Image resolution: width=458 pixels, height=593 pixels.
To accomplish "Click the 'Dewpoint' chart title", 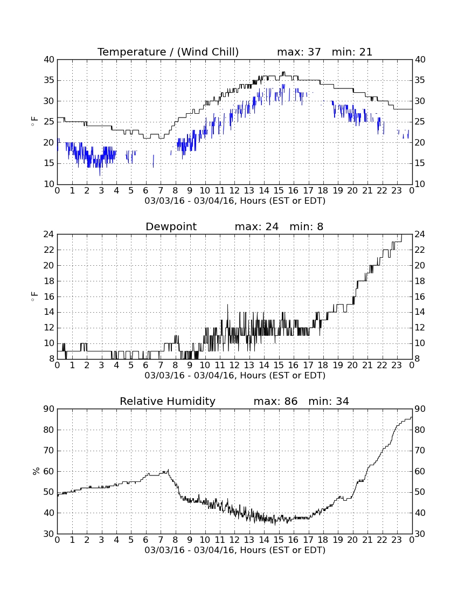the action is pos(171,226).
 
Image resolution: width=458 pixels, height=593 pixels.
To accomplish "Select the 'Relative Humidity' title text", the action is pos(168,401).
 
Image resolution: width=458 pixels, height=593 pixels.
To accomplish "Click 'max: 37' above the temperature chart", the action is pos(299,52).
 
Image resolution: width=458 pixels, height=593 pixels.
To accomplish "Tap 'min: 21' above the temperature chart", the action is pos(352,52).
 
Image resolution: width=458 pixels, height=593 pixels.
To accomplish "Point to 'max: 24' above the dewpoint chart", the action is pos(256,226).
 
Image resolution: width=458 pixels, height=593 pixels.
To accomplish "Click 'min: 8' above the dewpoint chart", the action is pos(307,226).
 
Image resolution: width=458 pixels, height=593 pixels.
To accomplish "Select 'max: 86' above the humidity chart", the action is pos(275,401).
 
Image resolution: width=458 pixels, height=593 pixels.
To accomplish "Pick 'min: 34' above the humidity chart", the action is pos(328,401).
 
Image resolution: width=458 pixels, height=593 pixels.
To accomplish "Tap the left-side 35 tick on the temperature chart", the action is pos(49,80).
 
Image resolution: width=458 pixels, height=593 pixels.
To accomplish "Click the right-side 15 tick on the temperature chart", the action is pos(420,163).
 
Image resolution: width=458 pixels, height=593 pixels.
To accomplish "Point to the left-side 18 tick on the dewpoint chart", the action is pos(49,281).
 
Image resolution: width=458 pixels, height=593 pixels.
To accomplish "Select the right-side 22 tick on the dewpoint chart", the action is pos(420,250).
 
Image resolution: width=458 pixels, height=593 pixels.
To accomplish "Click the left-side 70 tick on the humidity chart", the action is pos(49,451).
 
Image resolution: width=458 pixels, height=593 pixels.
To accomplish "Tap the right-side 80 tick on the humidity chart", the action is pos(420,430).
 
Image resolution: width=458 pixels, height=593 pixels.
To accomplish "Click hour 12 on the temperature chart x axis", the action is pos(234,190).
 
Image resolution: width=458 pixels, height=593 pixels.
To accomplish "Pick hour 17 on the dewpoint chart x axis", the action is pos(308,365).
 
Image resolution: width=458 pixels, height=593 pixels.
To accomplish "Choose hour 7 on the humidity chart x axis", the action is pos(161,540).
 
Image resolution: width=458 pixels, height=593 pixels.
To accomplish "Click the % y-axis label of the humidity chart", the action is pos(36,471).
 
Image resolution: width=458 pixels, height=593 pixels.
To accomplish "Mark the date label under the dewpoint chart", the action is pos(235,375).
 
